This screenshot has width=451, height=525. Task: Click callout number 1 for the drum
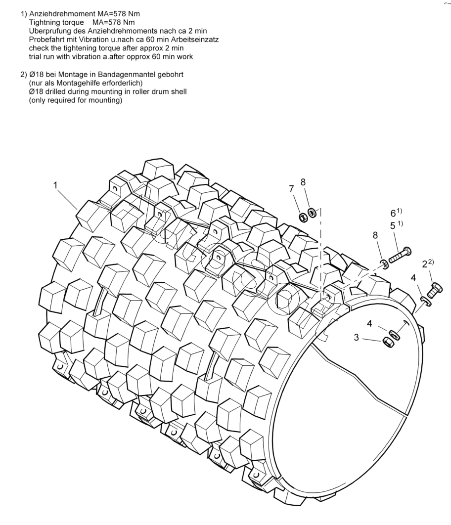pos(56,186)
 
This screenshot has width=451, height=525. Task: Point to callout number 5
pos(393,226)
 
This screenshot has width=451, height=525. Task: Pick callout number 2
pos(424,264)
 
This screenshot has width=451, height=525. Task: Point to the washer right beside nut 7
pos(313,213)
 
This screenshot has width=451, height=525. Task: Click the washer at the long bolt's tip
pos(384,263)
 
